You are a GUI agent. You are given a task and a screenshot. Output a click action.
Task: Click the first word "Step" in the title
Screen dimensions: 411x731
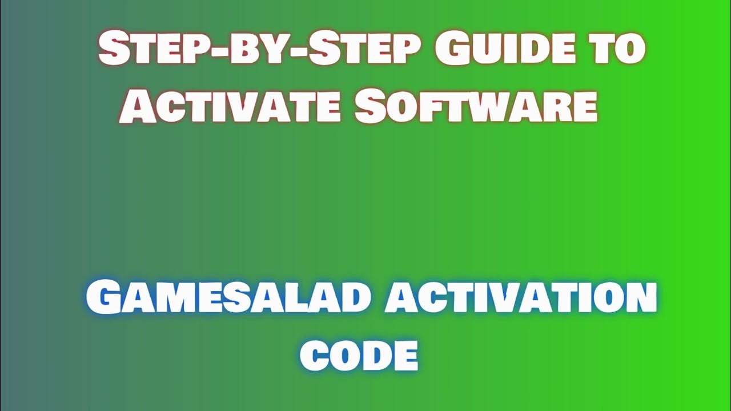coord(139,49)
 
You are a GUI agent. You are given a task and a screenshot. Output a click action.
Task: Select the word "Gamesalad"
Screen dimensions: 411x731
coord(226,299)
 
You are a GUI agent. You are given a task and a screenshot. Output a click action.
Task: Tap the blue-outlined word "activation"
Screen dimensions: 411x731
coord(520,299)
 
